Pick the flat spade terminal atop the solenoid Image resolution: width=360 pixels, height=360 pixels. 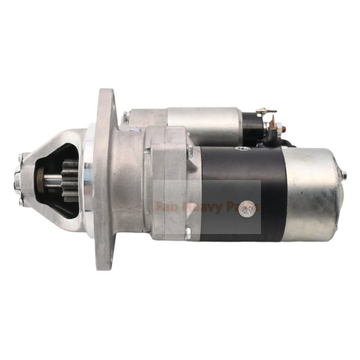[265, 111]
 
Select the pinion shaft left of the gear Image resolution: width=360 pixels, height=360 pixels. [51, 181]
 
